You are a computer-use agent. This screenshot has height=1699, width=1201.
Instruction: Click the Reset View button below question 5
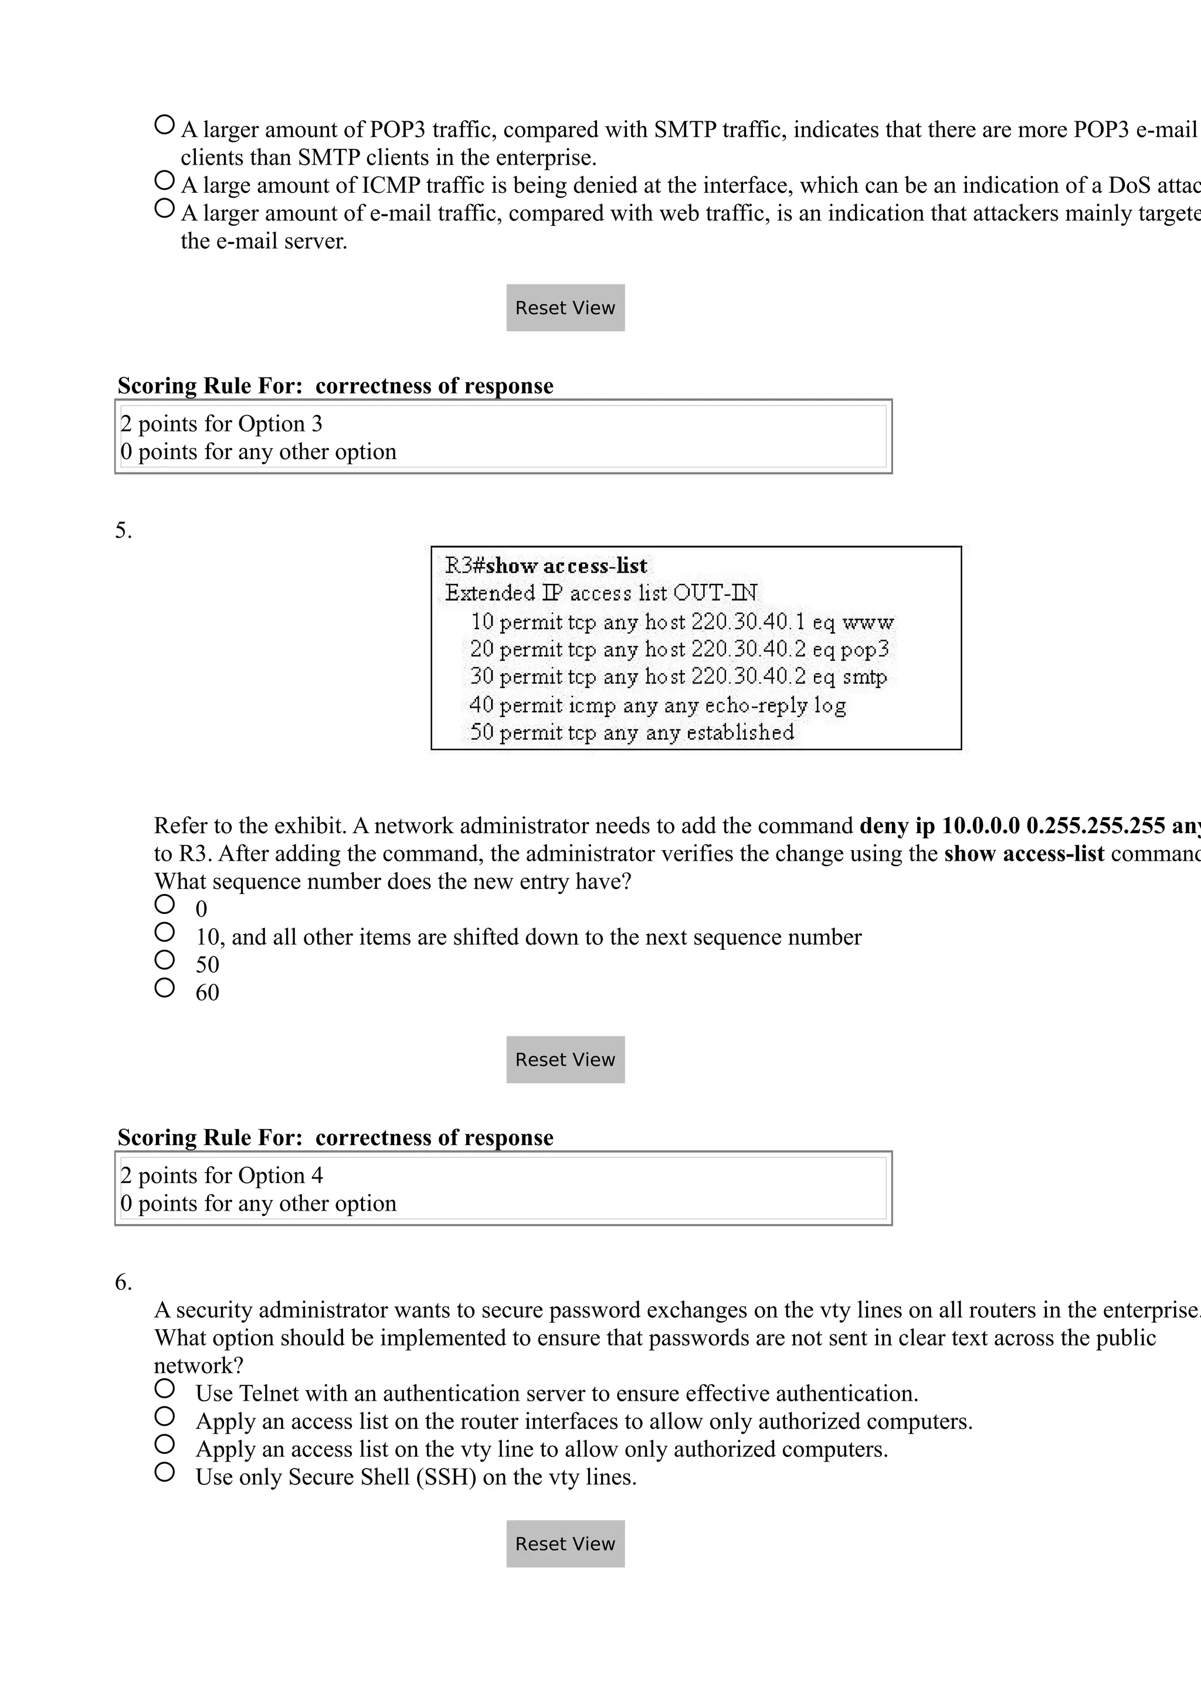pyautogui.click(x=565, y=1059)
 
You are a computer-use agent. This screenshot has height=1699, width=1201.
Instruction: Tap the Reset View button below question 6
pyautogui.click(x=565, y=1544)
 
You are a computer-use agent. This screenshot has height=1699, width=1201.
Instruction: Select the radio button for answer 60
pyautogui.click(x=164, y=988)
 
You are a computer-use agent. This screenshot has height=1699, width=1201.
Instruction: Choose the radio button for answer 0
pyautogui.click(x=164, y=904)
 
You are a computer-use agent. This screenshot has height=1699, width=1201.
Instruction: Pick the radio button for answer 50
pyautogui.click(x=164, y=960)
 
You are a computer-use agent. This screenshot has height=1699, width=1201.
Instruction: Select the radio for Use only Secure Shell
pyautogui.click(x=164, y=1472)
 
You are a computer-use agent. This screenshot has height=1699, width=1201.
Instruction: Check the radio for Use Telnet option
pyautogui.click(x=164, y=1388)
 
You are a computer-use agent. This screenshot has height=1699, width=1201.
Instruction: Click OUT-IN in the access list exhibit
pyautogui.click(x=715, y=593)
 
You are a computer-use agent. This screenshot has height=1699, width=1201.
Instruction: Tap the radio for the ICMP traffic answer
pyautogui.click(x=164, y=180)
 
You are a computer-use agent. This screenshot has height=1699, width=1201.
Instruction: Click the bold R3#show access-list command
pyautogui.click(x=546, y=566)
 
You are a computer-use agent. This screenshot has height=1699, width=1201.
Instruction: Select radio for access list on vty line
pyautogui.click(x=164, y=1444)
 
